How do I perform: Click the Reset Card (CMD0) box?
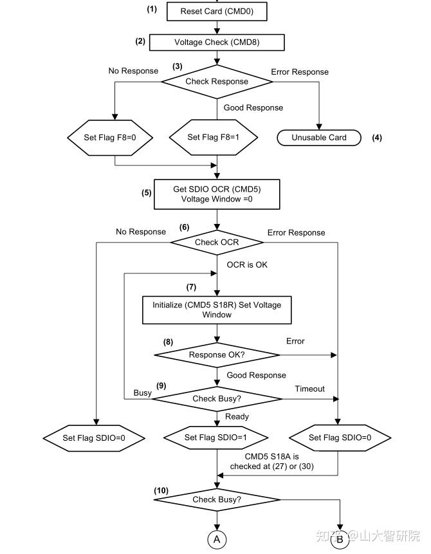pos(217,12)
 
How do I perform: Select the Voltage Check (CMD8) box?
pos(217,42)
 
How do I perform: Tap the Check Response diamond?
pos(217,82)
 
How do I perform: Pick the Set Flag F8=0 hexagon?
pos(110,138)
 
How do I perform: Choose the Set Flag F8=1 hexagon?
pos(214,137)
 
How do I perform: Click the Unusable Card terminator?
pos(319,138)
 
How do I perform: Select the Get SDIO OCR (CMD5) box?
pos(217,194)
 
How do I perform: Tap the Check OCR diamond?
pos(217,243)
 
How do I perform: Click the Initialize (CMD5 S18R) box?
pos(217,310)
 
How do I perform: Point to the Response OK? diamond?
pos(217,355)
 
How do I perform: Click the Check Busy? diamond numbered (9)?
pos(217,399)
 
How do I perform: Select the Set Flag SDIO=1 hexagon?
pos(215,438)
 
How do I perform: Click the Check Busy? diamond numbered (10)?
pos(217,499)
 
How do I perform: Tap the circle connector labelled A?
pos(217,539)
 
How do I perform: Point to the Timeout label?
pos(310,389)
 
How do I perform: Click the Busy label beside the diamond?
pos(142,393)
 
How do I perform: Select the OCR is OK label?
pos(247,264)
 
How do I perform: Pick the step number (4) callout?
pos(377,138)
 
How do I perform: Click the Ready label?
pos(237,416)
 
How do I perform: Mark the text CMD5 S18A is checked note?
pos(272,461)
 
